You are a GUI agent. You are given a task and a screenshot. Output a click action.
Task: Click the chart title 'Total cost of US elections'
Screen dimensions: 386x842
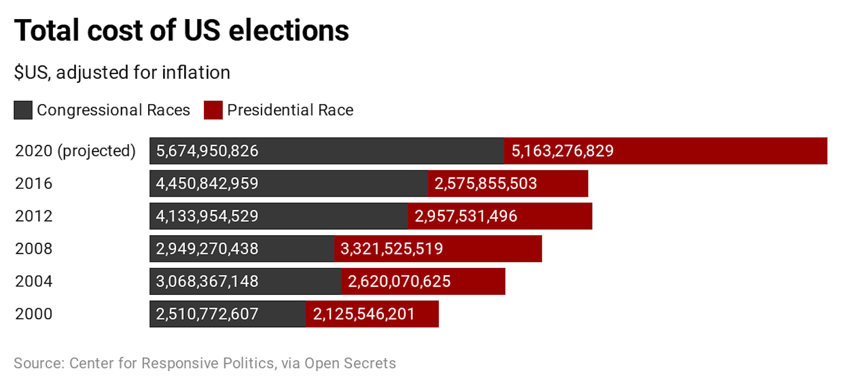click(181, 31)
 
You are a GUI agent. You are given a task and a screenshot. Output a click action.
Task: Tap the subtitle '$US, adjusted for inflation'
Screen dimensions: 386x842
click(122, 73)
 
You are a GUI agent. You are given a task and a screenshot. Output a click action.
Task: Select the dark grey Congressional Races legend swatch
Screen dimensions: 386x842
click(23, 110)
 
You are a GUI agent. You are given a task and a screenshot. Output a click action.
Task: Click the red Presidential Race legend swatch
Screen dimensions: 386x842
click(213, 110)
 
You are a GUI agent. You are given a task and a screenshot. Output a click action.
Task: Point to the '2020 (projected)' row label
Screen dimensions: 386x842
click(75, 151)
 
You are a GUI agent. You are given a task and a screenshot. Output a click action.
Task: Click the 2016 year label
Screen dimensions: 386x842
click(34, 183)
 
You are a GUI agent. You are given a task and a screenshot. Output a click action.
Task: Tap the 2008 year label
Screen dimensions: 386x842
click(34, 248)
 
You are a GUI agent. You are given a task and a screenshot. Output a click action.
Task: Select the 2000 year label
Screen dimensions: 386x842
click(34, 313)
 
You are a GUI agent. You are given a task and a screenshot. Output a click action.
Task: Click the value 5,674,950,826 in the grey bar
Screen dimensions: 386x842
click(207, 151)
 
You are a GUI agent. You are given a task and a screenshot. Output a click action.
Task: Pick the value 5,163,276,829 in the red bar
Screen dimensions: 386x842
click(562, 151)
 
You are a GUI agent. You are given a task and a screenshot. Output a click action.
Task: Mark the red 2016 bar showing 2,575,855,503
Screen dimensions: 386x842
click(508, 183)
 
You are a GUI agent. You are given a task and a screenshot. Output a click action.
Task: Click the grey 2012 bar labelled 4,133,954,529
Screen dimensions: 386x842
click(278, 216)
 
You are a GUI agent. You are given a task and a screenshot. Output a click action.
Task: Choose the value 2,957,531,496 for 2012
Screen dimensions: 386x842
click(466, 216)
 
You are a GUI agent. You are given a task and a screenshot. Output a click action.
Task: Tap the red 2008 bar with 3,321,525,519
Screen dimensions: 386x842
click(438, 248)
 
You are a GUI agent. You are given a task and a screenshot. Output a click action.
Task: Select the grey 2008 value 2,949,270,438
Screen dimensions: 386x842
click(207, 248)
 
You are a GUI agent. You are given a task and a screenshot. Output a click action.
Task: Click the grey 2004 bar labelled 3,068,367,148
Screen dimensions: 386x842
click(245, 281)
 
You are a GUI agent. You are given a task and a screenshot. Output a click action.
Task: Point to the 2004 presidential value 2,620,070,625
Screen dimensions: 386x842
click(399, 281)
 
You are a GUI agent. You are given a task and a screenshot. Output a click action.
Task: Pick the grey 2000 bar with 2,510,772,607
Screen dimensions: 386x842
click(227, 313)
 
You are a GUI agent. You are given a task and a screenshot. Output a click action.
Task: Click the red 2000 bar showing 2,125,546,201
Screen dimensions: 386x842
click(372, 313)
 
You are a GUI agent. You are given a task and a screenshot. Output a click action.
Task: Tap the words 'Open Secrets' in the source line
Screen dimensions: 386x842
click(350, 363)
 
